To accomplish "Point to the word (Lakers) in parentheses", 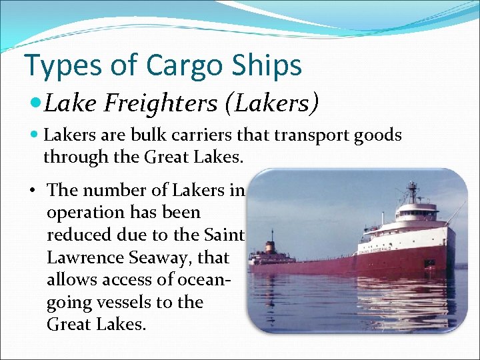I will coord(276,104).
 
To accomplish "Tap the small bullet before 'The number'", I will coord(32,191).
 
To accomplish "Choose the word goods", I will coord(378,135).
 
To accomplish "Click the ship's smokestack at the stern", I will coord(271,244).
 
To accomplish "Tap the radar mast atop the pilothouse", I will coord(413,191).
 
